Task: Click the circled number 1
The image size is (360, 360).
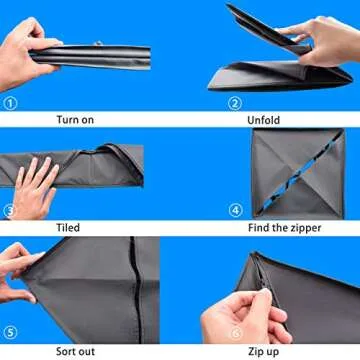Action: pos(11,102)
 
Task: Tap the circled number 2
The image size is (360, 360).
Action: pos(235,102)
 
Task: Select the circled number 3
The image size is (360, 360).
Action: pos(11,211)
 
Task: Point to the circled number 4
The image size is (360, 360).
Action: pos(235,211)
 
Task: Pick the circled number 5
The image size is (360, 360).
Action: pos(11,333)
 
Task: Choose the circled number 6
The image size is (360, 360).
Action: pos(235,333)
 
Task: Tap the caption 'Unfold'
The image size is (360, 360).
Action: pos(264,119)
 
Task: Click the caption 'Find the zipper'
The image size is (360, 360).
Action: pos(285,228)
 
